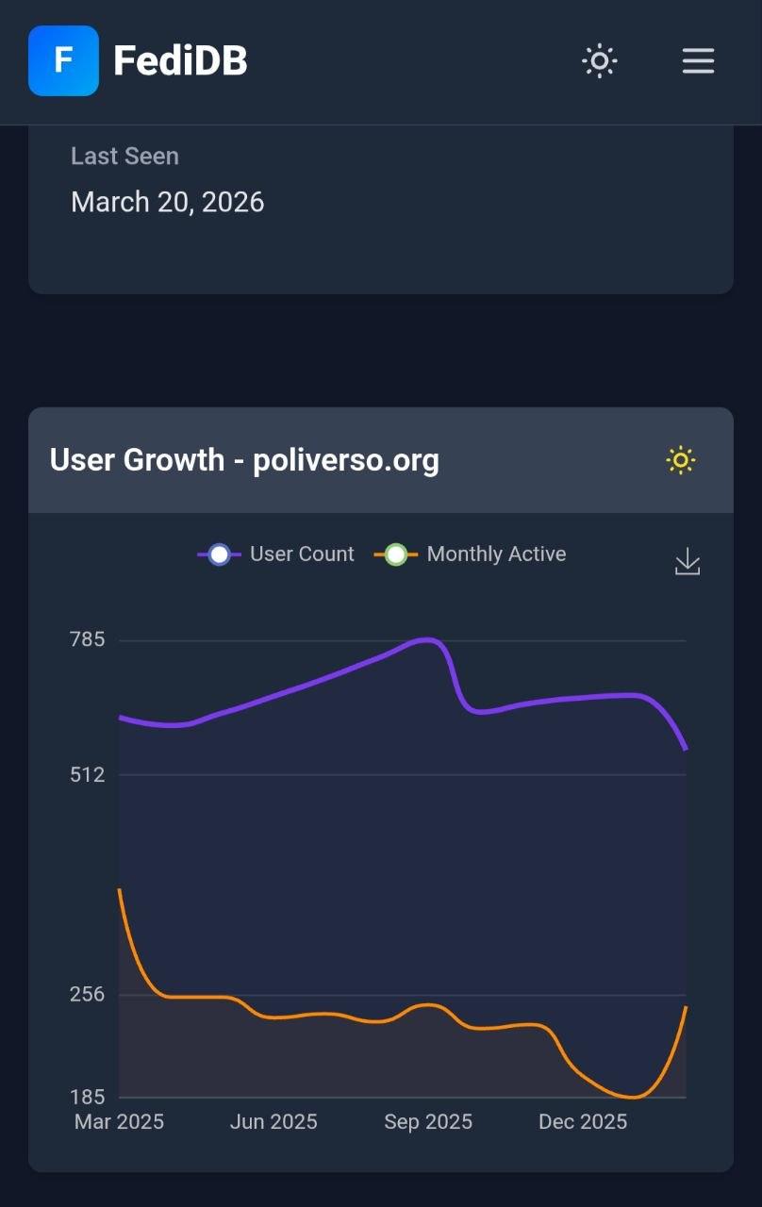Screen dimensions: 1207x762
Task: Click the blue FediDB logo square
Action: point(63,61)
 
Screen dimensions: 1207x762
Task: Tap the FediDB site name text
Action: point(180,61)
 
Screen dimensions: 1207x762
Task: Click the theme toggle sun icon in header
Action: point(599,61)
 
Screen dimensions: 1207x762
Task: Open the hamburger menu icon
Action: point(698,61)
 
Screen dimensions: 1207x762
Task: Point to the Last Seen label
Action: point(124,156)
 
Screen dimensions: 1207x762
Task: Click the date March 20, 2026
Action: point(168,202)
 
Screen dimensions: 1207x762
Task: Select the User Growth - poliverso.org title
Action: point(244,460)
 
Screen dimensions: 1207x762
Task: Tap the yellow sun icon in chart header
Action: point(681,460)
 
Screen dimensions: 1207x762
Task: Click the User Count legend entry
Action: point(276,554)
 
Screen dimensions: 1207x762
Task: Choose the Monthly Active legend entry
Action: point(471,554)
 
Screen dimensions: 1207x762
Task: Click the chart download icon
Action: point(687,562)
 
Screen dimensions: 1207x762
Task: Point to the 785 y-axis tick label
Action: point(88,639)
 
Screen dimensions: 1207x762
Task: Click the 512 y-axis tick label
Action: point(88,774)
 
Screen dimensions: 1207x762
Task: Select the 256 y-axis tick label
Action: point(88,994)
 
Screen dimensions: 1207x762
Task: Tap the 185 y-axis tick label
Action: point(88,1097)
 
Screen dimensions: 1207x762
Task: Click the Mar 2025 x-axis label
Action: point(119,1122)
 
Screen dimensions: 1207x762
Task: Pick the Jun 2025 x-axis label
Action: point(273,1122)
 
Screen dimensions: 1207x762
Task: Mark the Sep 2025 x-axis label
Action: point(428,1122)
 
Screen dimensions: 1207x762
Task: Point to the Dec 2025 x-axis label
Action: point(583,1122)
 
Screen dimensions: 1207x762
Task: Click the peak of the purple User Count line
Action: point(427,639)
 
